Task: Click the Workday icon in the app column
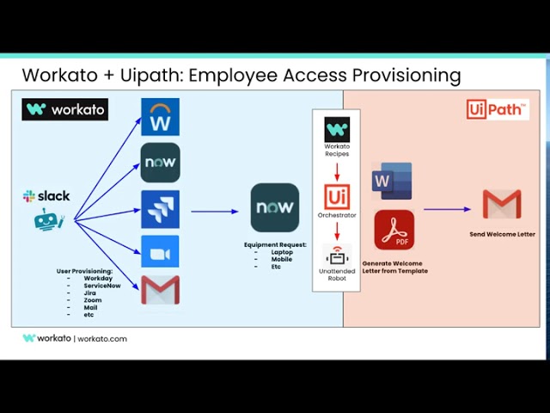click(x=160, y=117)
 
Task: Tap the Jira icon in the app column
click(x=160, y=209)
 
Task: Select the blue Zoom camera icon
click(x=160, y=252)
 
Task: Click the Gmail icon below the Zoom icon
click(x=160, y=291)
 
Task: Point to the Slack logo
click(x=46, y=196)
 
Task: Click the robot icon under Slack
click(x=49, y=219)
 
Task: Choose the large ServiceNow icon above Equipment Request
click(x=275, y=207)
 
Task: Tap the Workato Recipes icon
click(x=337, y=130)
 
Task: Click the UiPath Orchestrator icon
click(x=337, y=196)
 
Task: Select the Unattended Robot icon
click(x=337, y=255)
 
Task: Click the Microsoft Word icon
click(x=391, y=181)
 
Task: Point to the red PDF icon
click(x=394, y=231)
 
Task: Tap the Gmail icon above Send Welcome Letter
click(x=501, y=205)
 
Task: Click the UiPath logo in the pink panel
click(x=498, y=109)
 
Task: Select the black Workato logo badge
click(x=65, y=109)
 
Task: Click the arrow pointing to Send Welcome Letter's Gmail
click(x=447, y=209)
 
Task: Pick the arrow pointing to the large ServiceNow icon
click(x=215, y=211)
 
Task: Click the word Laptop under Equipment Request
click(x=282, y=252)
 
